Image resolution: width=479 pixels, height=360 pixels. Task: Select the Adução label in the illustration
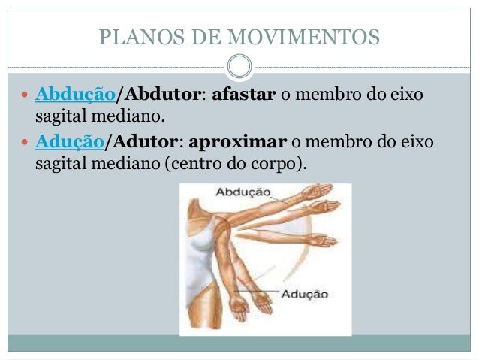pyautogui.click(x=304, y=294)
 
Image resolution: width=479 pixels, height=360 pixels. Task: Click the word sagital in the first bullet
pyautogui.click(x=59, y=116)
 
